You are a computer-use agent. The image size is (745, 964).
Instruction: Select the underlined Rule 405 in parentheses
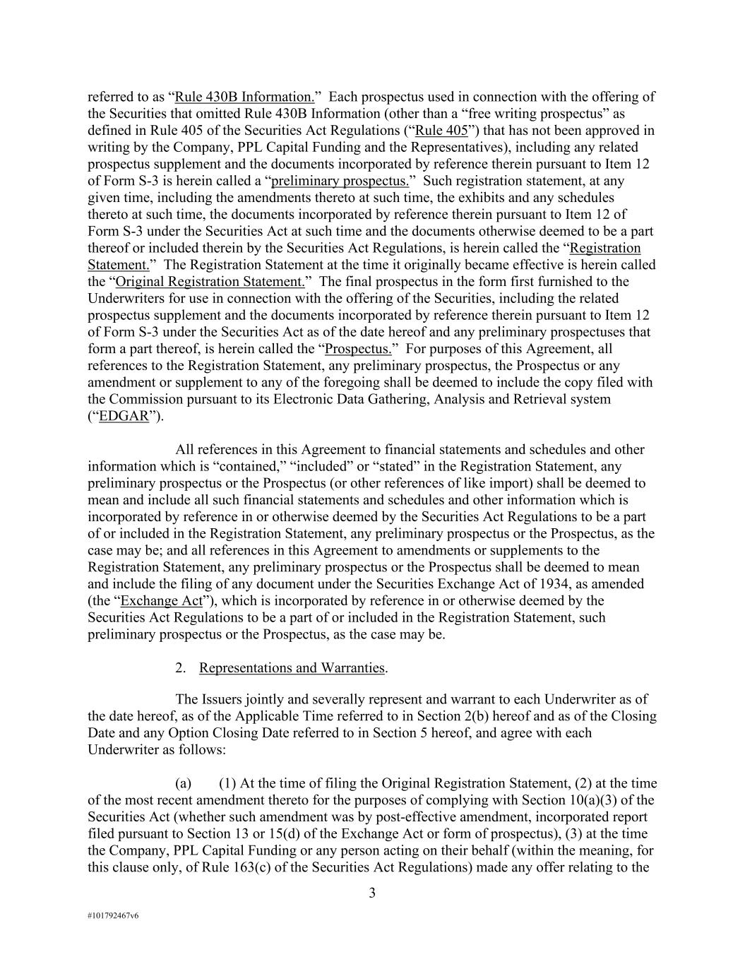(441, 130)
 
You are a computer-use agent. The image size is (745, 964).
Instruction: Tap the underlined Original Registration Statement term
(210, 281)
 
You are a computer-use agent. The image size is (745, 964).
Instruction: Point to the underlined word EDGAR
(124, 416)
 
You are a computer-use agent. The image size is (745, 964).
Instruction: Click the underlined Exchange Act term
(162, 600)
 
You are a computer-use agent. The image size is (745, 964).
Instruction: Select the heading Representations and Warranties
(292, 667)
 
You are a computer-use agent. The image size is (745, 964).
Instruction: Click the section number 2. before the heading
(181, 667)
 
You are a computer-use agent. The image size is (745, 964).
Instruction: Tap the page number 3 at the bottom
(372, 893)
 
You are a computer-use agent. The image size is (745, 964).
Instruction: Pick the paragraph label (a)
(184, 783)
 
